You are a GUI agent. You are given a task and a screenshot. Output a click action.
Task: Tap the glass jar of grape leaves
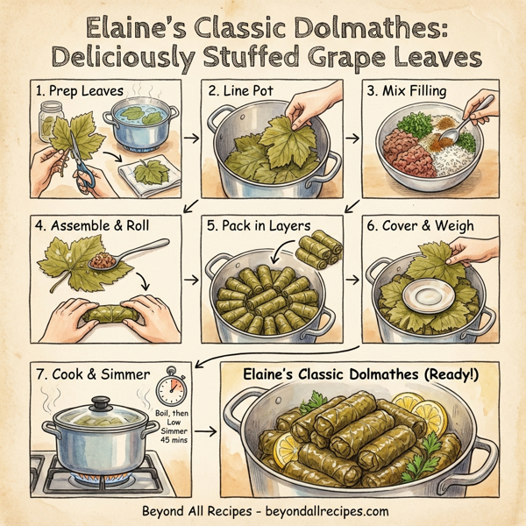[x=52, y=121]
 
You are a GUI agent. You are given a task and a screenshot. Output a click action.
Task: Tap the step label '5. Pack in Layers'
[x=256, y=226]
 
